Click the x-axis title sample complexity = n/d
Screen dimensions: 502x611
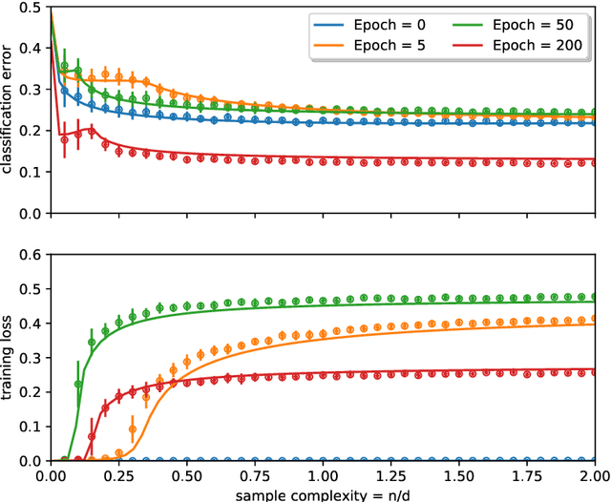[322, 494]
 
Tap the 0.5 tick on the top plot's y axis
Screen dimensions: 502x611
[29, 8]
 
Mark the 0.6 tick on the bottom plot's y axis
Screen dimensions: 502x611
[29, 255]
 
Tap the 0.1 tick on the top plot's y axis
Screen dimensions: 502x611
[29, 172]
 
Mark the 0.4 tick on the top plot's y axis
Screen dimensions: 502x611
[29, 49]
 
